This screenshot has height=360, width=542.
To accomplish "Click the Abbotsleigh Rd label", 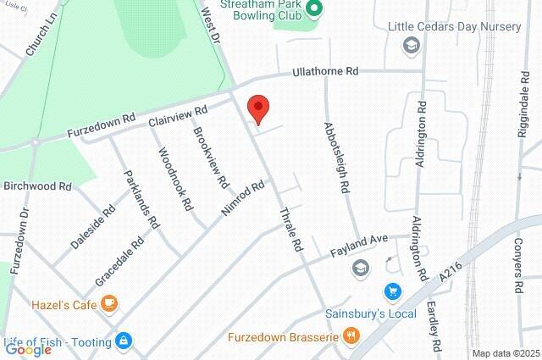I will point(338,158).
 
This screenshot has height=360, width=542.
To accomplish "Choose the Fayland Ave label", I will point(357,246).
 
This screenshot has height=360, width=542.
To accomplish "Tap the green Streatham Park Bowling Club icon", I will point(314,10).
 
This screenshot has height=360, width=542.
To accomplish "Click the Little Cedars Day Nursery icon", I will point(411,45).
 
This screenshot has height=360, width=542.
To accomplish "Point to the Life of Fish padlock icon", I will point(124,341).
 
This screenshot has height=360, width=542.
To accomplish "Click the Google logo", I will point(28,350).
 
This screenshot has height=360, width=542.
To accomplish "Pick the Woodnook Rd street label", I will point(174,180).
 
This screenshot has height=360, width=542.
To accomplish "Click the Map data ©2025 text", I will point(505,353).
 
